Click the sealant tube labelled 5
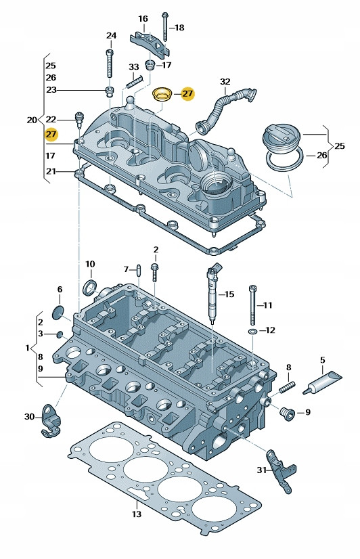(x=322, y=382)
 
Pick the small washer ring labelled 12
(x=252, y=332)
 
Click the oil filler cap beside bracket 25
(x=282, y=138)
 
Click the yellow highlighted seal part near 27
(x=163, y=95)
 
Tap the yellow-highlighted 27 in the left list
(x=51, y=134)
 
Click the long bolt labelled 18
(x=165, y=27)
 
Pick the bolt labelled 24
(x=110, y=64)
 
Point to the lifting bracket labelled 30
(x=51, y=421)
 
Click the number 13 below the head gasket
(x=137, y=514)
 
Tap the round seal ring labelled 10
(x=89, y=288)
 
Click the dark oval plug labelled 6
(x=58, y=311)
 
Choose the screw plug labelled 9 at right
(x=286, y=413)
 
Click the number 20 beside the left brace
(x=32, y=120)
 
